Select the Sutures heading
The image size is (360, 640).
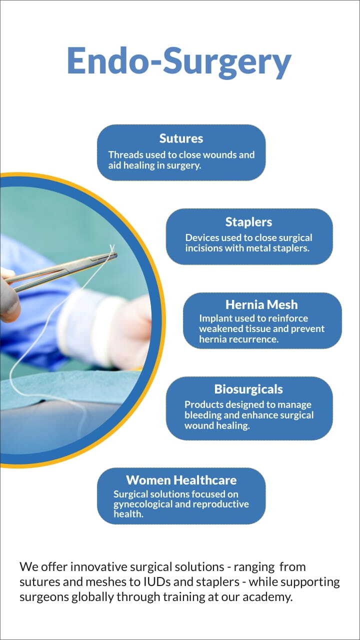pyautogui.click(x=181, y=138)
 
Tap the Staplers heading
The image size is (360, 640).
pyautogui.click(x=248, y=222)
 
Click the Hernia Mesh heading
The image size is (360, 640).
pyautogui.click(x=261, y=304)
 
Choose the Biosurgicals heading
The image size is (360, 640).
pyautogui.click(x=248, y=389)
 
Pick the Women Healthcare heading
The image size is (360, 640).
pyautogui.click(x=181, y=480)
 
